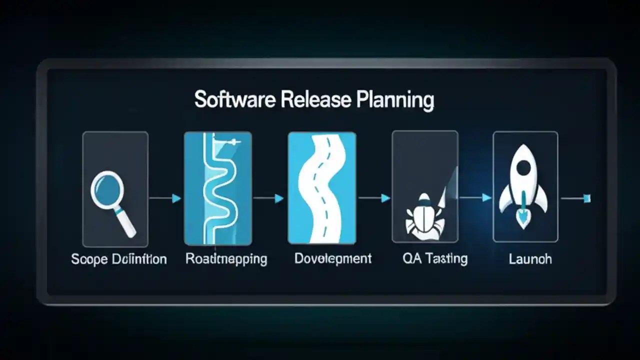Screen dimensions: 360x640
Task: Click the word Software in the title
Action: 235,99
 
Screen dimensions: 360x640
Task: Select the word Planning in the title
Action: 395,100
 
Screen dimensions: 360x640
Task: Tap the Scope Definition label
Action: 119,259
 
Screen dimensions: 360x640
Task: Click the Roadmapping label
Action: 226,259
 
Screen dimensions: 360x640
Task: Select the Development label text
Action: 333,258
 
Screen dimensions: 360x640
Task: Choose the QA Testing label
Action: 435,258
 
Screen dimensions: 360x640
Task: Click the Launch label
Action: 530,259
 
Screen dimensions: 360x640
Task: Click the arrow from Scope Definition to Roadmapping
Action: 165,198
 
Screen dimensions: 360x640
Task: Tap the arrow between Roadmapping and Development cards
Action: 269,198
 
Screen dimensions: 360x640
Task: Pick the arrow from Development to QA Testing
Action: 374,198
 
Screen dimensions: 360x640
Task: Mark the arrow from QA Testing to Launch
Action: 475,198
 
